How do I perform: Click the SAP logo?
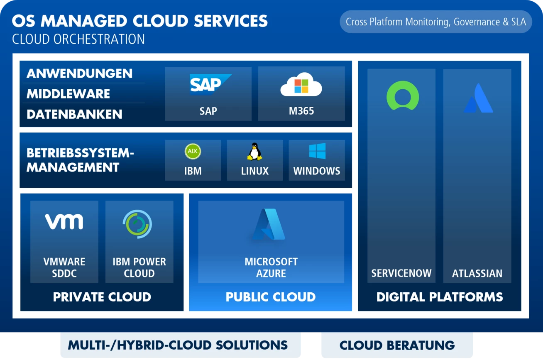(x=210, y=84)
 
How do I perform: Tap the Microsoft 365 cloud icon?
(x=301, y=84)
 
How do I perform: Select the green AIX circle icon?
(x=193, y=151)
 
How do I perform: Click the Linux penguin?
(x=254, y=152)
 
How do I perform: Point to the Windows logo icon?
(x=317, y=151)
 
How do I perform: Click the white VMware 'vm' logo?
(x=64, y=221)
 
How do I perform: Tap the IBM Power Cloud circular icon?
(x=137, y=224)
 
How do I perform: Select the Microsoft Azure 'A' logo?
(x=269, y=224)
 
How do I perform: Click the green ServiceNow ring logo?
(x=403, y=96)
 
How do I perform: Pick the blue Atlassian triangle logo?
(x=478, y=98)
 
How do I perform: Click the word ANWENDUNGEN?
(x=80, y=73)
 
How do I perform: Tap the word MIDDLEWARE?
(x=68, y=94)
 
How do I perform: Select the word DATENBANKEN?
(x=74, y=114)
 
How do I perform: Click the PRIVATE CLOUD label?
(x=102, y=297)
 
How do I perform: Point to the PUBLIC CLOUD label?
(x=271, y=297)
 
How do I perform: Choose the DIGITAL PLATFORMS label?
(x=440, y=297)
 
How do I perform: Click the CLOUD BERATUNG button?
(x=397, y=345)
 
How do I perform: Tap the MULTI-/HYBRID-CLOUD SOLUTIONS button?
(x=181, y=345)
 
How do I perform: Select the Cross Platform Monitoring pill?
(x=436, y=22)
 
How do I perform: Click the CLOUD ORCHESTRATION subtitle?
(x=78, y=39)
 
